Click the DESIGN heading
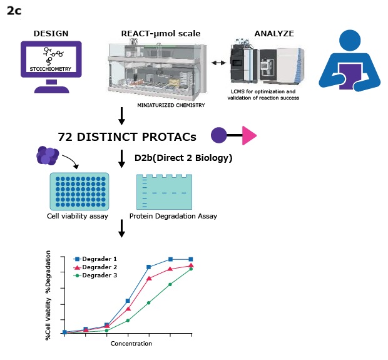[x=51, y=33]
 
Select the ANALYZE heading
[x=273, y=33]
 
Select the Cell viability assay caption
[x=77, y=217]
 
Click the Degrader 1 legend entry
[x=100, y=259]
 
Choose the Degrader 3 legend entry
[x=100, y=275]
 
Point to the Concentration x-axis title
[x=131, y=343]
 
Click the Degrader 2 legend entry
[x=100, y=267]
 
